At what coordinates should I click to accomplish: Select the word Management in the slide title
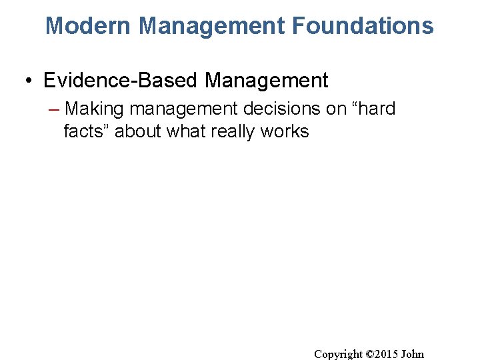pyautogui.click(x=212, y=26)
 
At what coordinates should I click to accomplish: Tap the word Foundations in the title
pyautogui.click(x=363, y=26)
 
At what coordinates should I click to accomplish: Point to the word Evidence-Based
pyautogui.click(x=121, y=81)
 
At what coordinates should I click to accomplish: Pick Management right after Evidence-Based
pyautogui.click(x=267, y=81)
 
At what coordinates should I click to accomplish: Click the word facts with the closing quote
pyautogui.click(x=87, y=131)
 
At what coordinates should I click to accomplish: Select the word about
pyautogui.click(x=139, y=131)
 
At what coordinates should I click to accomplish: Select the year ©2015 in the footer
pyautogui.click(x=383, y=354)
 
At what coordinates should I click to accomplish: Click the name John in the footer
pyautogui.click(x=413, y=354)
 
